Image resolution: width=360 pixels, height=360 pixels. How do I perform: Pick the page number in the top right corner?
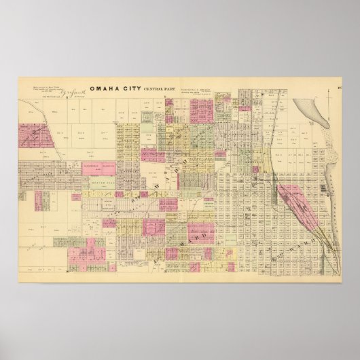(x=338, y=86)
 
